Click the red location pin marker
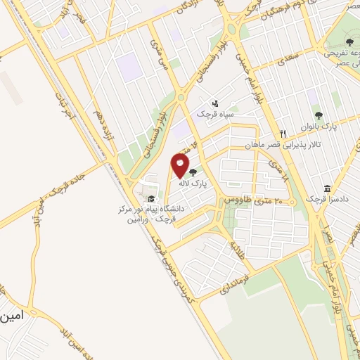(x=180, y=166)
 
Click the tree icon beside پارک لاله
(x=192, y=170)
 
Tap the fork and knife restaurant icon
(x=283, y=133)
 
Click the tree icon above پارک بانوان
(x=319, y=115)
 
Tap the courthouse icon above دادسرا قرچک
(x=328, y=188)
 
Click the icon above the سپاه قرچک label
(x=214, y=103)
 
